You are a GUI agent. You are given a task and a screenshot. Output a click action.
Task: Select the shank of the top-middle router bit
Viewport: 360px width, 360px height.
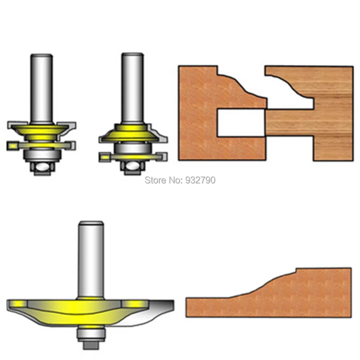coord(132,86)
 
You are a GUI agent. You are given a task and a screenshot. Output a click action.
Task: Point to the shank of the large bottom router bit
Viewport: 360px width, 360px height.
coord(90,259)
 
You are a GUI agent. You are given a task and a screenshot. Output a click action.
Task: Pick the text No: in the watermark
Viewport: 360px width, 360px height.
coord(175,180)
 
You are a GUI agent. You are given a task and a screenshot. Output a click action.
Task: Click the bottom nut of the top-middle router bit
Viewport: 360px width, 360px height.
coord(132,168)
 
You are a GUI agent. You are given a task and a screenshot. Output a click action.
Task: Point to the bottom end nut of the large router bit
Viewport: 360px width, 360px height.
coord(90,344)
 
